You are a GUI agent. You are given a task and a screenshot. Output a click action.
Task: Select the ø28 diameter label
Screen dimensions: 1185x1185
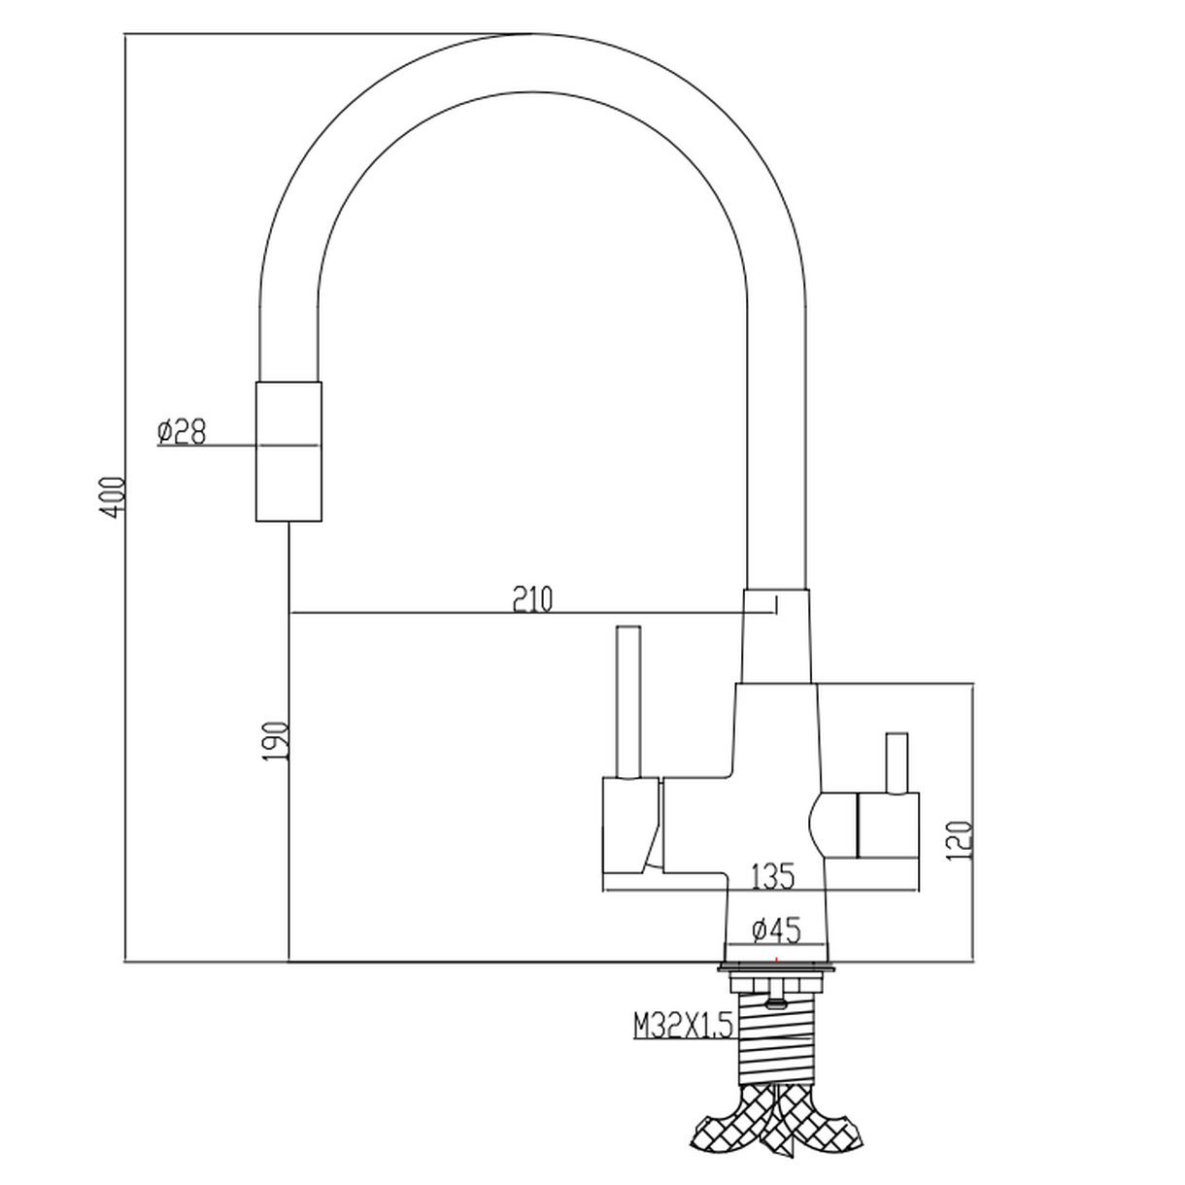coord(182,431)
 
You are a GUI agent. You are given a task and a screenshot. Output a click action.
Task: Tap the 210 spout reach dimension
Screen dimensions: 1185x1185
coord(531,599)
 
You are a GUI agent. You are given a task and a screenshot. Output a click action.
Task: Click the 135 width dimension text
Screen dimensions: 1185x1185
coord(773,876)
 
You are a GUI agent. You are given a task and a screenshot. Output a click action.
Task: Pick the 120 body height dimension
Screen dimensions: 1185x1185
coord(961,838)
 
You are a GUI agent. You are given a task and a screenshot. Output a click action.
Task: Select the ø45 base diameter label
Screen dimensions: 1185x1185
coord(775,931)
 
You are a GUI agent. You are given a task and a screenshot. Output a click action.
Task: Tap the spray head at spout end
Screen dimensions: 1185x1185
coord(288,453)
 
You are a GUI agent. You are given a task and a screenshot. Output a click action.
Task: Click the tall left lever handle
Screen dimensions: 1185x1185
coord(628,701)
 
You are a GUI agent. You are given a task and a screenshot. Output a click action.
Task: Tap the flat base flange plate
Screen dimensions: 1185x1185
coord(776,968)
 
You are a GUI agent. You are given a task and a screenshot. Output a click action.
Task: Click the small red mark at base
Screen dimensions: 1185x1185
coord(776,959)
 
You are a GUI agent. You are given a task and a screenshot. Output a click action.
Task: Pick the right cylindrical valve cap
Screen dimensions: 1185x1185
coord(888,825)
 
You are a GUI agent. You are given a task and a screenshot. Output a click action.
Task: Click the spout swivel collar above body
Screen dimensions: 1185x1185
coord(776,636)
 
